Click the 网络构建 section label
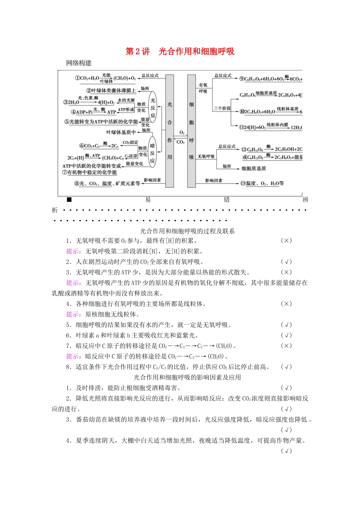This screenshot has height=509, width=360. [x=78, y=63]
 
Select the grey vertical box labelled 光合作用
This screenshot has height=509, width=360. [x=169, y=131]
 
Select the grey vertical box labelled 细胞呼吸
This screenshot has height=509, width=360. [x=191, y=131]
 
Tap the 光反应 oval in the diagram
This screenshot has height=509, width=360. [x=153, y=107]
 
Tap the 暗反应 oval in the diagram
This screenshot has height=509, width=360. [x=152, y=153]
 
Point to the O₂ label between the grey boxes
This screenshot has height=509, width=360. [x=182, y=133]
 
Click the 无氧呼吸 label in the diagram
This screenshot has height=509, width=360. [x=206, y=156]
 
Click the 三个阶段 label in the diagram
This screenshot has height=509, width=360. [x=222, y=108]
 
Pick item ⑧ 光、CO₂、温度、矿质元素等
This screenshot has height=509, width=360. [x=107, y=183]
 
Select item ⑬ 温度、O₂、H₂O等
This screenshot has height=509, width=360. [x=262, y=183]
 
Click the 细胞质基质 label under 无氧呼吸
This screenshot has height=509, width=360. [x=254, y=168]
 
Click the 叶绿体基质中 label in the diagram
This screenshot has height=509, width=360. [x=121, y=132]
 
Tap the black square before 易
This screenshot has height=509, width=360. [x=69, y=200]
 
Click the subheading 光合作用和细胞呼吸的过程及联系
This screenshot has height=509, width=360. [x=187, y=231]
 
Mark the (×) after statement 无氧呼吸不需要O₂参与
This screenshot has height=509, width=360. [x=286, y=241]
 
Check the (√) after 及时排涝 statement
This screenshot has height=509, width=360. [x=286, y=388]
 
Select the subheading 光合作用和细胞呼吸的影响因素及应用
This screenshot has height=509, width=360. [x=187, y=377]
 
